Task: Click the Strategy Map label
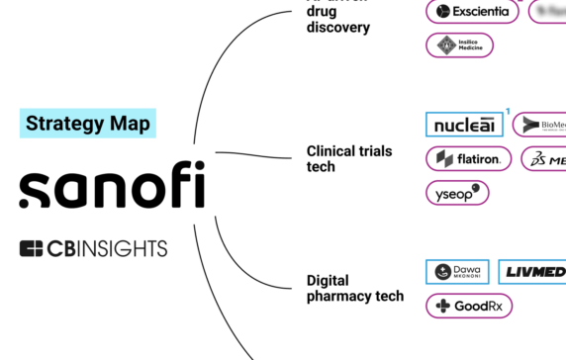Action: (x=88, y=123)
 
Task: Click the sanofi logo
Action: (x=112, y=185)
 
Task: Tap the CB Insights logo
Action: (x=93, y=248)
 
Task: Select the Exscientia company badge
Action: (x=473, y=12)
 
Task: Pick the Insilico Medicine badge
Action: (x=459, y=45)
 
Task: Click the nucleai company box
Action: (x=464, y=125)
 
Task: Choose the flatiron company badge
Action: (x=468, y=158)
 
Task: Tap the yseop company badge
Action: (x=457, y=192)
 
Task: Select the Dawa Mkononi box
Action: (x=457, y=272)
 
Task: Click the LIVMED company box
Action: (x=532, y=272)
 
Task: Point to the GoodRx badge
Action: (x=469, y=306)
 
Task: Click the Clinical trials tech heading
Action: (x=349, y=158)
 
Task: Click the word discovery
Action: (x=338, y=27)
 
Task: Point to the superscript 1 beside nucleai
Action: (x=508, y=112)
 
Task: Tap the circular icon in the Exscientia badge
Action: (x=441, y=12)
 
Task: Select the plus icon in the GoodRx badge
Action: (x=441, y=306)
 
